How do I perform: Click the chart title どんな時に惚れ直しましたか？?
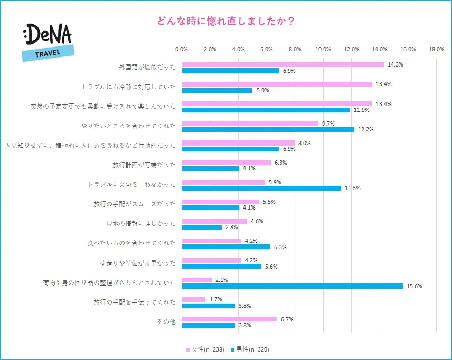point(225,22)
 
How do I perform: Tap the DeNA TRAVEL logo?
point(48,42)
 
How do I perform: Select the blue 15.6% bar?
point(292,286)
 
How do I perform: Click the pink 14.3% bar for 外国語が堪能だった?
point(282,64)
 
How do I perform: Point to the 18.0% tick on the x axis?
point(436,49)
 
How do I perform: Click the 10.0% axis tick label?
point(323,49)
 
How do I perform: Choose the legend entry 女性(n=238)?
point(206,349)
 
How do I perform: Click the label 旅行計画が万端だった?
point(144,165)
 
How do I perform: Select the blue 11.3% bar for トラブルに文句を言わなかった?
point(261,188)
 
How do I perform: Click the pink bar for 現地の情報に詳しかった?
point(214,221)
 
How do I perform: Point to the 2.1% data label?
point(222,280)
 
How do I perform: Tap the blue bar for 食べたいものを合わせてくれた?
point(226,247)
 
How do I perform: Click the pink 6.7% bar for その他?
point(229,319)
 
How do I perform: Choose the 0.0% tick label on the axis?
point(182,49)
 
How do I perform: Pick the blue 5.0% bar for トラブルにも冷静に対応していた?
point(217,90)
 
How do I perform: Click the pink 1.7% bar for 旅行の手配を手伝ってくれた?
point(194,299)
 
